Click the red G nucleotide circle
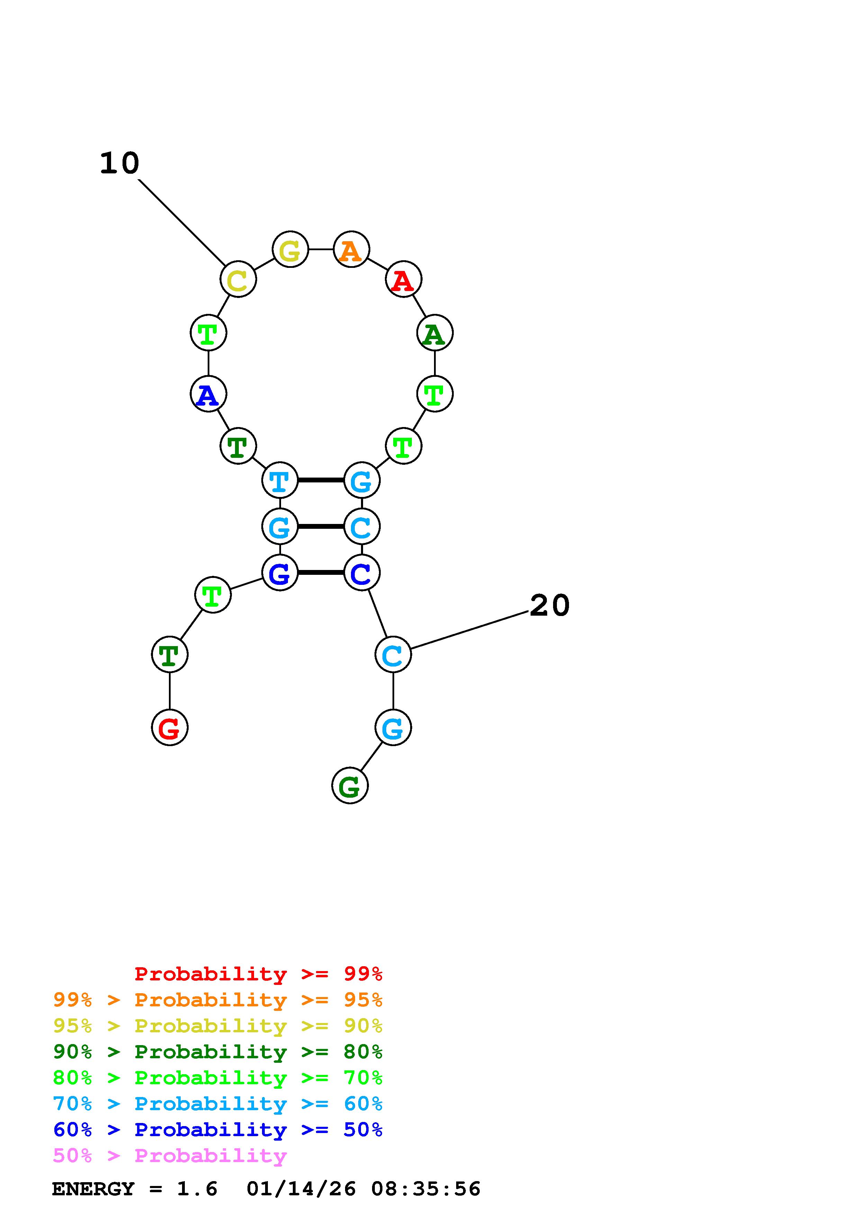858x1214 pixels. (x=170, y=727)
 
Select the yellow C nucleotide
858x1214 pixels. (x=238, y=279)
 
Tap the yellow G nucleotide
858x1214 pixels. (x=290, y=249)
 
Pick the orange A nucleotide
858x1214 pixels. (x=351, y=249)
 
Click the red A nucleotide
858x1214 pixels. (x=403, y=279)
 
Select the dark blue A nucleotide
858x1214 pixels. (x=208, y=394)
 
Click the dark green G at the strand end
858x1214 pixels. (x=350, y=786)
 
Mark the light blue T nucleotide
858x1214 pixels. (x=280, y=480)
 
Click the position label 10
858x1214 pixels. (x=119, y=163)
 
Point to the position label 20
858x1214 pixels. (x=550, y=605)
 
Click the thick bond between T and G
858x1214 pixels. (x=321, y=480)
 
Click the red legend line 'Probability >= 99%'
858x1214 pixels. (x=259, y=974)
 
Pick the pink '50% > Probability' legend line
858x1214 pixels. (x=170, y=1156)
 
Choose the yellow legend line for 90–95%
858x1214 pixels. (x=218, y=1026)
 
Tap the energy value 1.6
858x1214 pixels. (x=197, y=1189)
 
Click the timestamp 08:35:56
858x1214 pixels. (x=426, y=1189)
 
